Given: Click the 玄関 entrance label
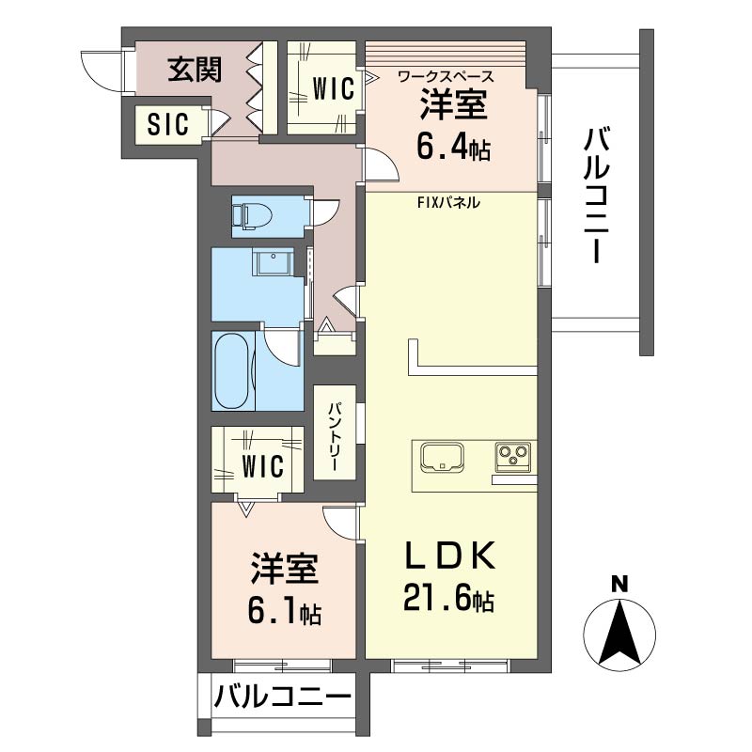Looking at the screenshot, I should click(x=195, y=70).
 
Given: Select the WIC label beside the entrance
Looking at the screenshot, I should click(x=333, y=89).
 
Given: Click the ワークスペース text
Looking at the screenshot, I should click(x=446, y=76).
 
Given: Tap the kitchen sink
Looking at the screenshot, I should click(x=445, y=458).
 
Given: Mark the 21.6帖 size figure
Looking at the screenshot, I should click(x=449, y=599).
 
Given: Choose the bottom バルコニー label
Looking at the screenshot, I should click(x=282, y=697).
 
